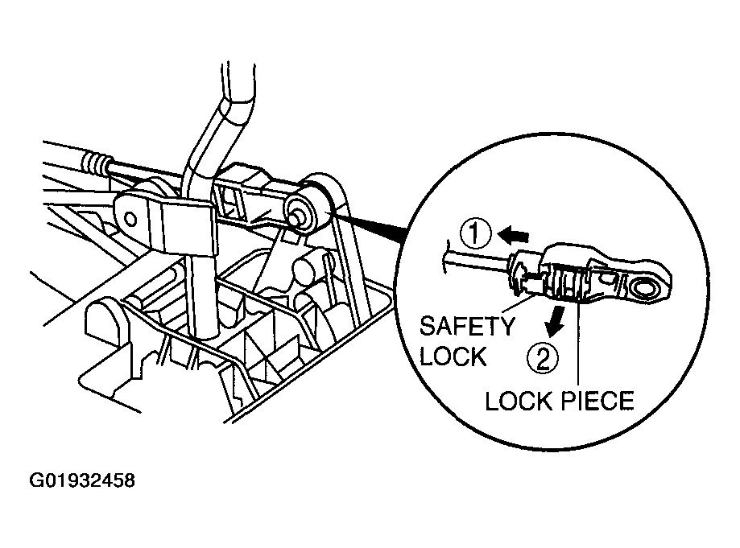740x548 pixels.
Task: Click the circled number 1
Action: pos(475,234)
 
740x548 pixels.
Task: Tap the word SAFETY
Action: pos(467,326)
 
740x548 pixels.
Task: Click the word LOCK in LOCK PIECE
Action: pos(519,401)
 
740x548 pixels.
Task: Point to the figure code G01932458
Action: pos(82,480)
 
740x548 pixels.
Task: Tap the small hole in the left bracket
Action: pos(131,220)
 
